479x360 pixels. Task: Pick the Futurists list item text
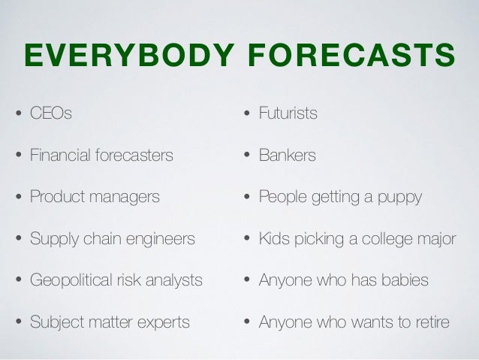288,114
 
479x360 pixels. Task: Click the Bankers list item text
287,156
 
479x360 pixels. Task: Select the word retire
429,323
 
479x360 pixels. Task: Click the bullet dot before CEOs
17,116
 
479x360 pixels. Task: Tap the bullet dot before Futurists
246,116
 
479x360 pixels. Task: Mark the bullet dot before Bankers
246,157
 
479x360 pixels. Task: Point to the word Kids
274,240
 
